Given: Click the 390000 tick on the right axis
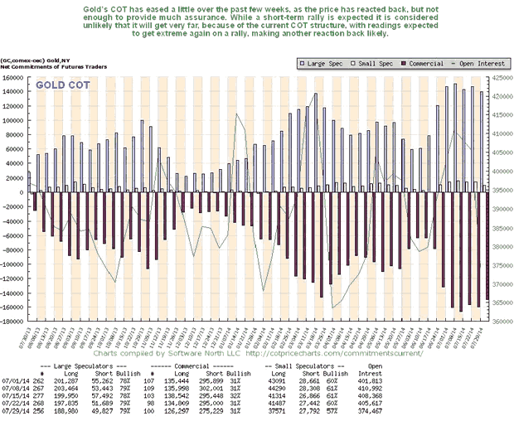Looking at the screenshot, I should click(x=493, y=209).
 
